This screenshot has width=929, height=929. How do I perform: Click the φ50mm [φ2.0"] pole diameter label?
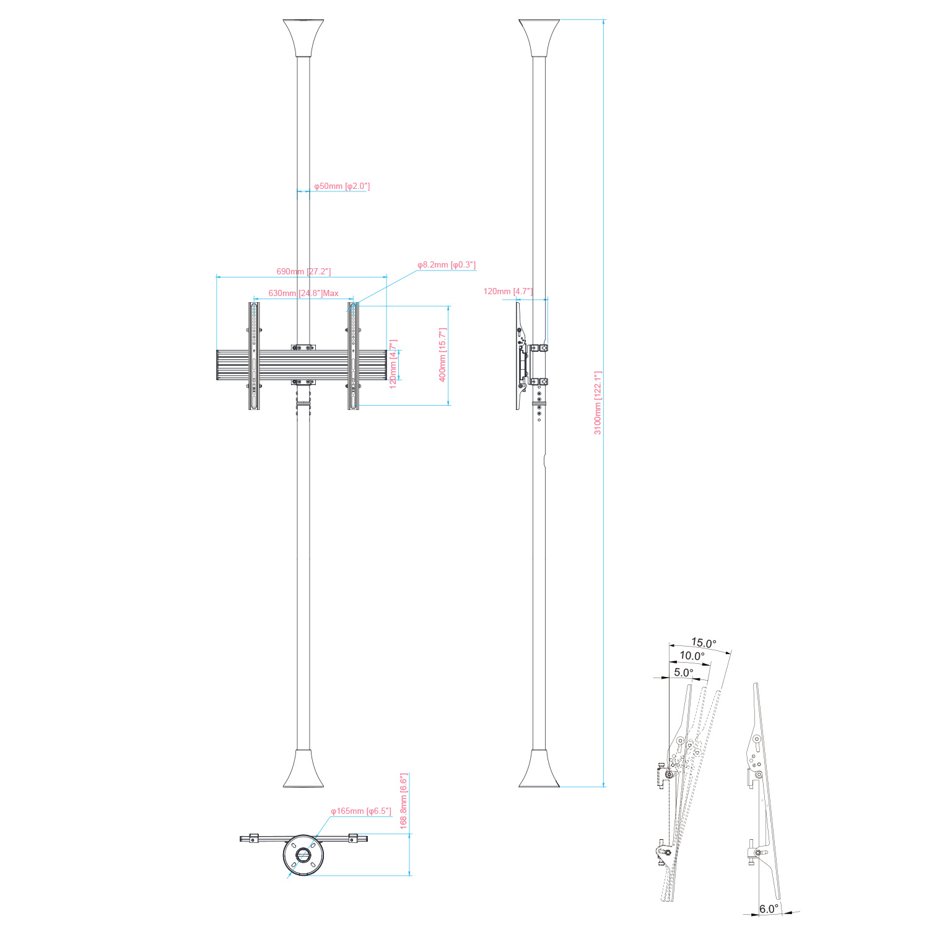[x=342, y=186]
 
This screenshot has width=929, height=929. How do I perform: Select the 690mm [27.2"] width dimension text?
[x=303, y=271]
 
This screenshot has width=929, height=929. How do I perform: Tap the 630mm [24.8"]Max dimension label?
[x=303, y=293]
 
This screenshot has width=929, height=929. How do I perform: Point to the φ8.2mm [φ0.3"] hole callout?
[x=447, y=265]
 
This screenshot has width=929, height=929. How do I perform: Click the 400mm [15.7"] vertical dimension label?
[x=443, y=355]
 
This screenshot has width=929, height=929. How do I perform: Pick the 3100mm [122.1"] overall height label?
[x=598, y=403]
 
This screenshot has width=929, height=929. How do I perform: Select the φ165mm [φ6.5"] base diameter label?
[x=361, y=811]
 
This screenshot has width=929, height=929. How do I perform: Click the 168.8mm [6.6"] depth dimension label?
[x=403, y=801]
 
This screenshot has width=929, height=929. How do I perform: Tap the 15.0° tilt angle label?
[x=704, y=643]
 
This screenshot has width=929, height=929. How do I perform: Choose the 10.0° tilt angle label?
[x=692, y=656]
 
